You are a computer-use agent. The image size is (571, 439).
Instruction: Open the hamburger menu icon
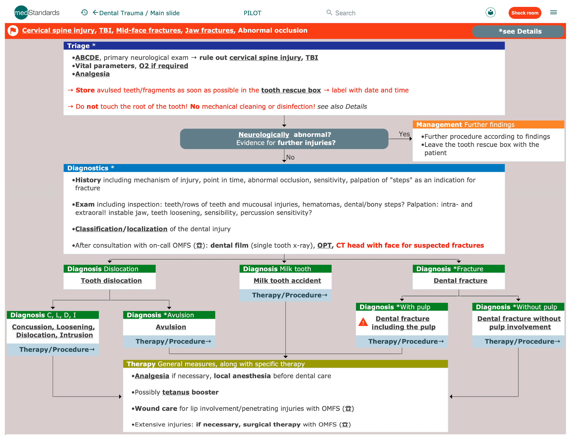pyautogui.click(x=553, y=12)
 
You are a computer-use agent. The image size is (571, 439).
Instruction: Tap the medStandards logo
pyautogui.click(x=37, y=13)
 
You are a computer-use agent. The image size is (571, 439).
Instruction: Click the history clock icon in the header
pyautogui.click(x=84, y=12)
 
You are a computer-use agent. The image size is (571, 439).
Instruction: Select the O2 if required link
pyautogui.click(x=163, y=66)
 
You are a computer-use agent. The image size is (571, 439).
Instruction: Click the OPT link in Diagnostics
pyautogui.click(x=324, y=245)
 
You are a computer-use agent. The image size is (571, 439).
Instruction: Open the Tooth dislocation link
pyautogui.click(x=111, y=281)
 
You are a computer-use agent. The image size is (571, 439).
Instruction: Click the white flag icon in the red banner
pyautogui.click(x=13, y=31)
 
